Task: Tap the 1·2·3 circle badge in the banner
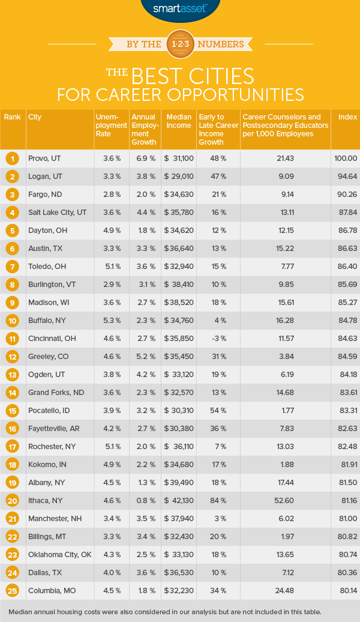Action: [179, 44]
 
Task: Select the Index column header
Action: [346, 117]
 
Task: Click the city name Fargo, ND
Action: [46, 195]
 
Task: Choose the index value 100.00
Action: [345, 159]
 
